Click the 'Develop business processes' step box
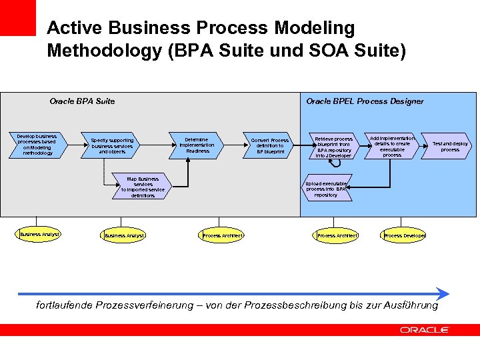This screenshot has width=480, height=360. tap(37, 145)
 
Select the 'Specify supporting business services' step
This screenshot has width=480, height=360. tap(112, 145)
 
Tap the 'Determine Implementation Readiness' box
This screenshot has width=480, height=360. tap(197, 145)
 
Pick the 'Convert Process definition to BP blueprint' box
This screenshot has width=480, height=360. tap(269, 145)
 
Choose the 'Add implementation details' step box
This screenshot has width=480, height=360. tap(391, 145)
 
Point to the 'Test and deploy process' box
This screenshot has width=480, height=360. tap(450, 146)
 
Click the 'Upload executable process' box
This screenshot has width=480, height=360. tap(326, 189)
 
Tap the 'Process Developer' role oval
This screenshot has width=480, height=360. tap(404, 235)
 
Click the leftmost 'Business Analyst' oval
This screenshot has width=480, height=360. tap(39, 234)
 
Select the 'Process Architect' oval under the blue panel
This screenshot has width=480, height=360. tap(337, 235)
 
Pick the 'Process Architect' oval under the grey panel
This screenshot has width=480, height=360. tap(221, 235)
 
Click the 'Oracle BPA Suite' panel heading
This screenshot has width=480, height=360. tap(82, 101)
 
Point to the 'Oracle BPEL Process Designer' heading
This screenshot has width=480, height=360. tap(365, 101)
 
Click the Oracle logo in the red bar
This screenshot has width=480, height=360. tap(425, 329)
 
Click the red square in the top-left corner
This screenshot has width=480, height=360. tap(17, 17)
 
